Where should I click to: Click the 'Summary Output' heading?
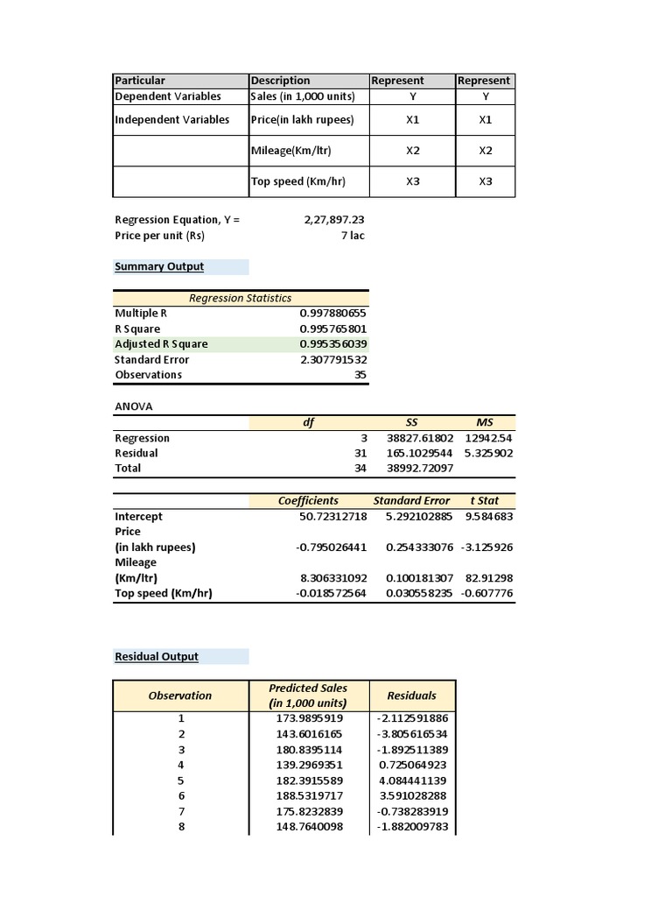(x=159, y=267)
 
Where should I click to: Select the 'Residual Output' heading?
(x=157, y=657)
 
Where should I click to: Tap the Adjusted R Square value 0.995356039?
(x=332, y=344)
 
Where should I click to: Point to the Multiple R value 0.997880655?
(x=332, y=314)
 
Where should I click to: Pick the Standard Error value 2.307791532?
(x=332, y=360)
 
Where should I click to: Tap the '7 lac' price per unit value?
(x=352, y=236)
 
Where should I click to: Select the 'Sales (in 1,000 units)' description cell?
(x=303, y=96)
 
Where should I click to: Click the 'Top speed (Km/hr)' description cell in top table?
(x=298, y=181)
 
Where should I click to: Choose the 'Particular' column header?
(x=140, y=81)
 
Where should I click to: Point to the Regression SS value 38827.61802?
(x=420, y=438)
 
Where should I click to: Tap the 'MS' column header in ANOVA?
(x=485, y=422)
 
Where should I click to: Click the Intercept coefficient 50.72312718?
(x=332, y=517)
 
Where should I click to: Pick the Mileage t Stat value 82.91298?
(x=491, y=578)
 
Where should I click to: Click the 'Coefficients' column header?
(x=308, y=501)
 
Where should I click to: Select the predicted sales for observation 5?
(x=309, y=780)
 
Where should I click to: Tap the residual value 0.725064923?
(x=411, y=765)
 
